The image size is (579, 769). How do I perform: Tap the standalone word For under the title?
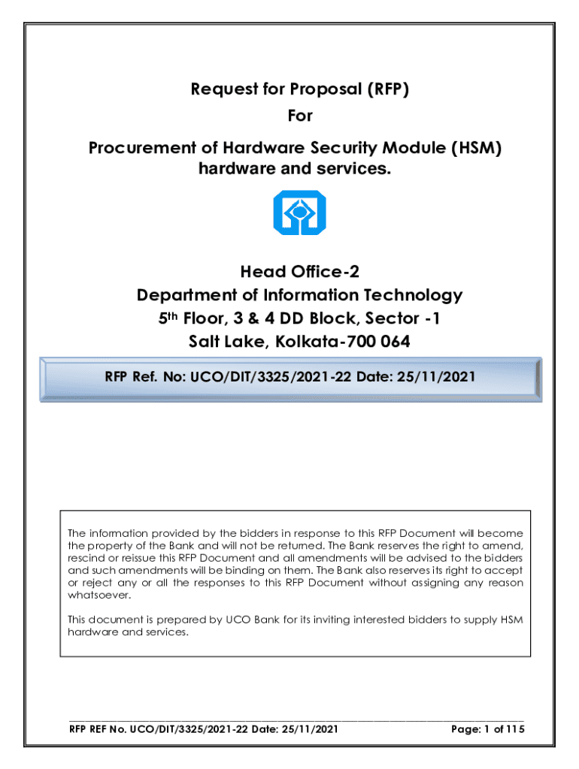300,116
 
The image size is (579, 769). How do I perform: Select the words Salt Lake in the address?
225,342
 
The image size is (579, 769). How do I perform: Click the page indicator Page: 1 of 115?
487,729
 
